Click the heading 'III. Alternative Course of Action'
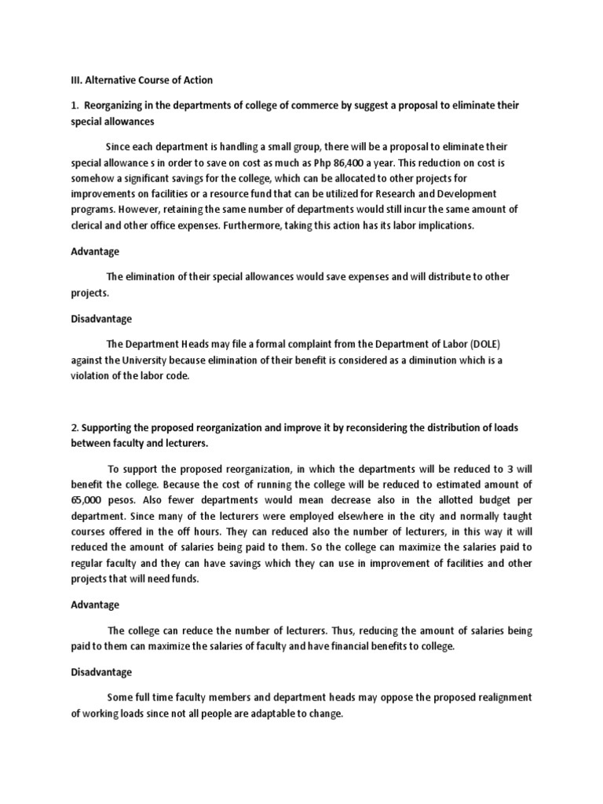pyautogui.click(x=140, y=80)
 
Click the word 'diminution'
pyautogui.click(x=440, y=360)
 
